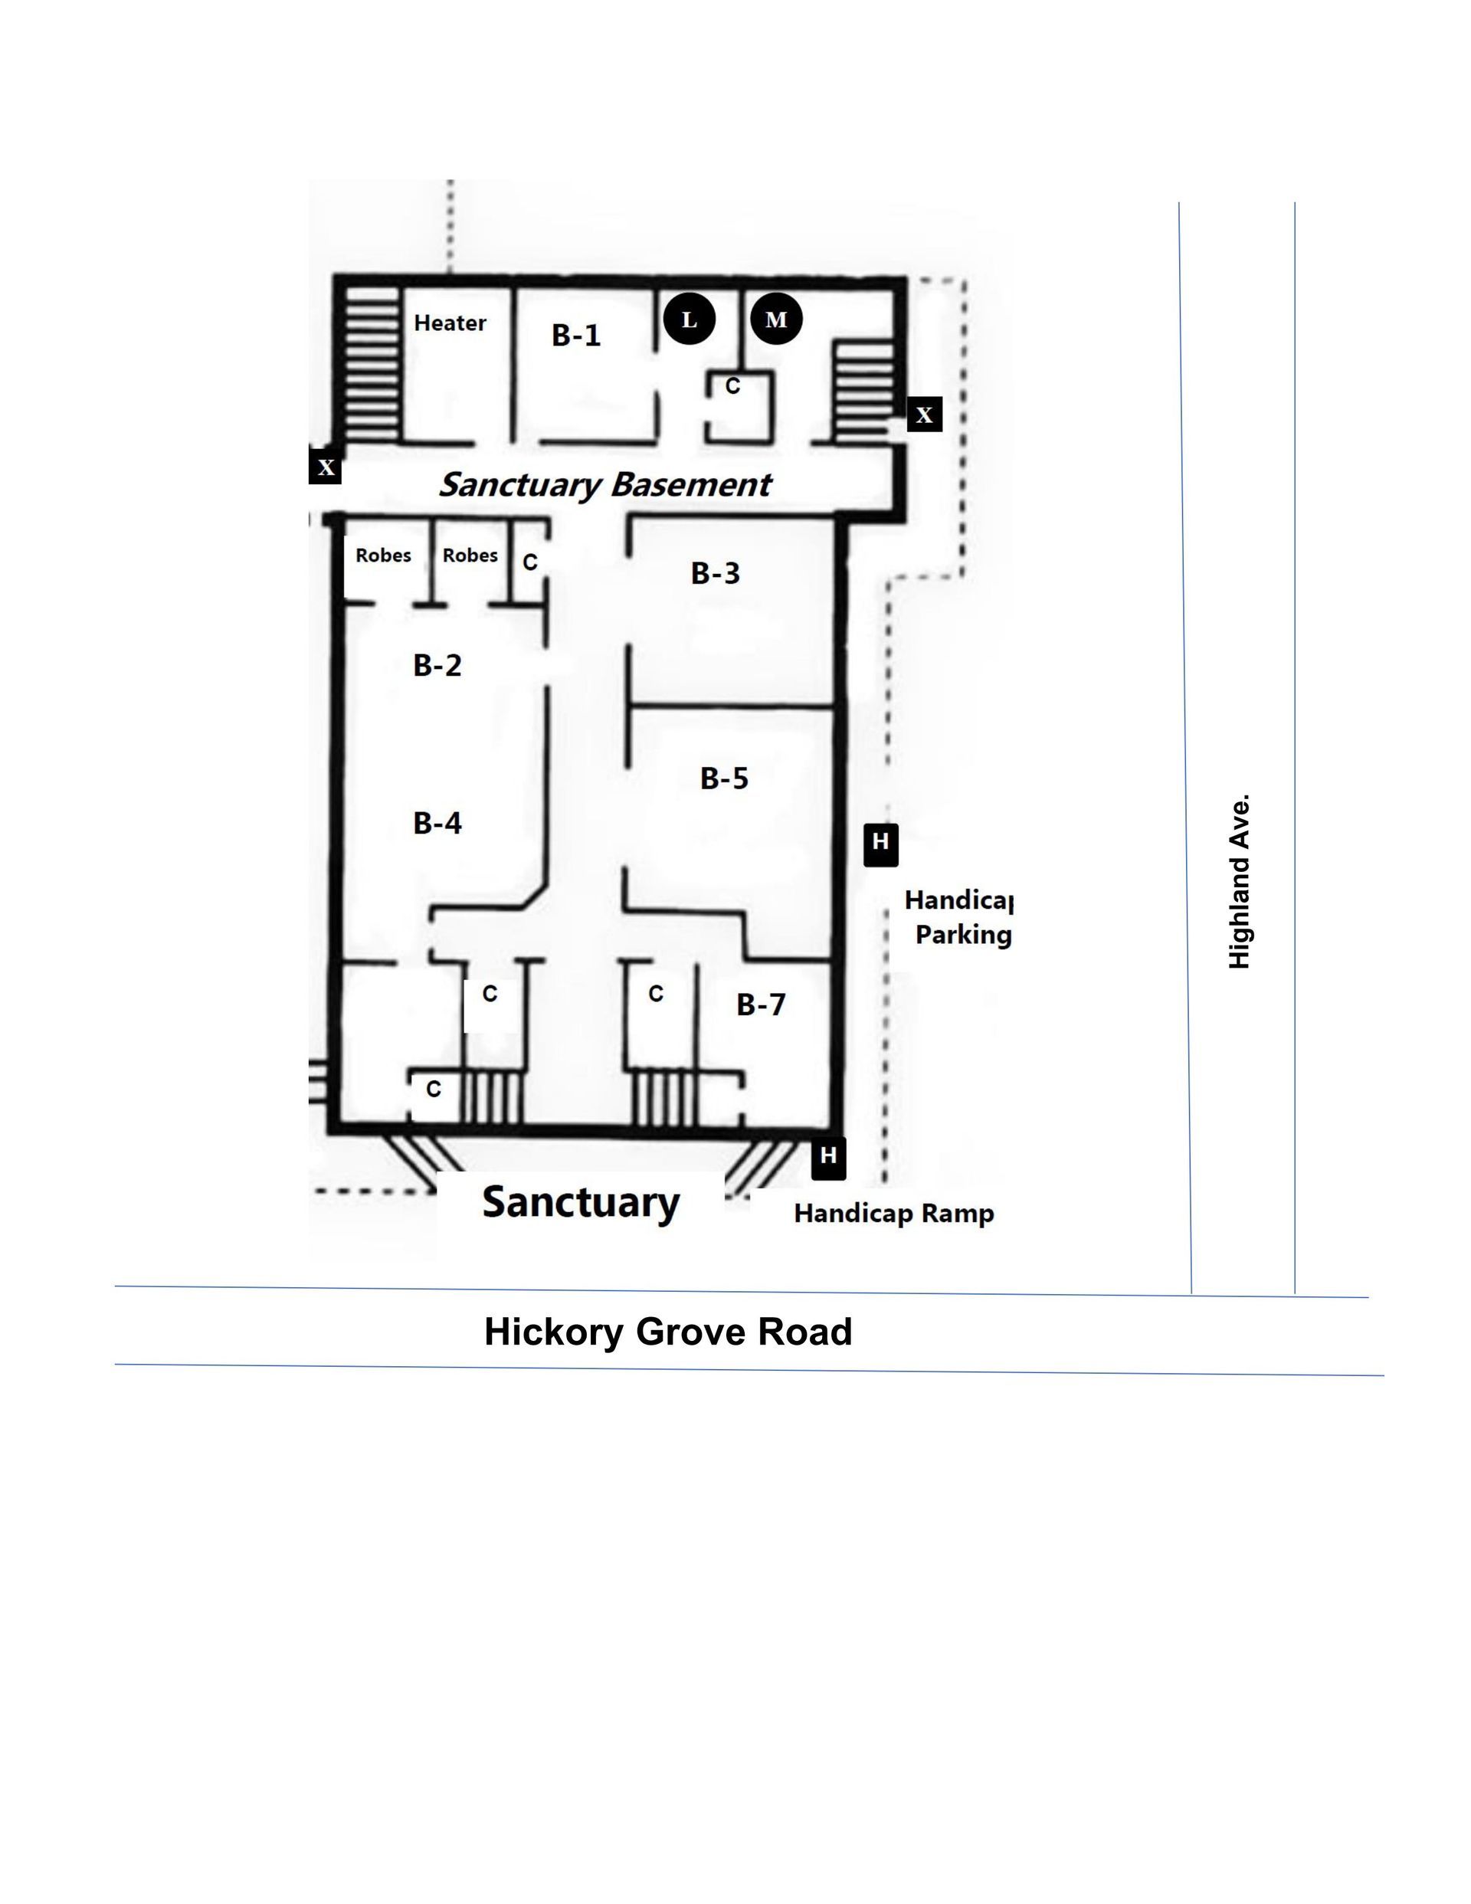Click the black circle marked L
(x=689, y=319)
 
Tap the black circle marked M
(x=775, y=319)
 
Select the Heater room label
(x=450, y=323)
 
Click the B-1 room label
(x=576, y=335)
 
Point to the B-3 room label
(x=715, y=573)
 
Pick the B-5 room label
(x=724, y=778)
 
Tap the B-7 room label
(x=760, y=1004)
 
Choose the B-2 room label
(x=437, y=665)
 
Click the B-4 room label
(x=437, y=822)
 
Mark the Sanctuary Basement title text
(x=605, y=485)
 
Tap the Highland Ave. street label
(x=1239, y=880)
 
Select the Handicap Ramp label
(x=894, y=1214)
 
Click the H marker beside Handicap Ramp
(x=828, y=1158)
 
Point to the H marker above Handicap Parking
(x=880, y=844)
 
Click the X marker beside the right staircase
(x=924, y=414)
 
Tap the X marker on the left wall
(x=326, y=467)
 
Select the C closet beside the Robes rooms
(x=530, y=562)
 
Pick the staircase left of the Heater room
(x=372, y=362)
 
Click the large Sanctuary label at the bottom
(x=581, y=1203)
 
